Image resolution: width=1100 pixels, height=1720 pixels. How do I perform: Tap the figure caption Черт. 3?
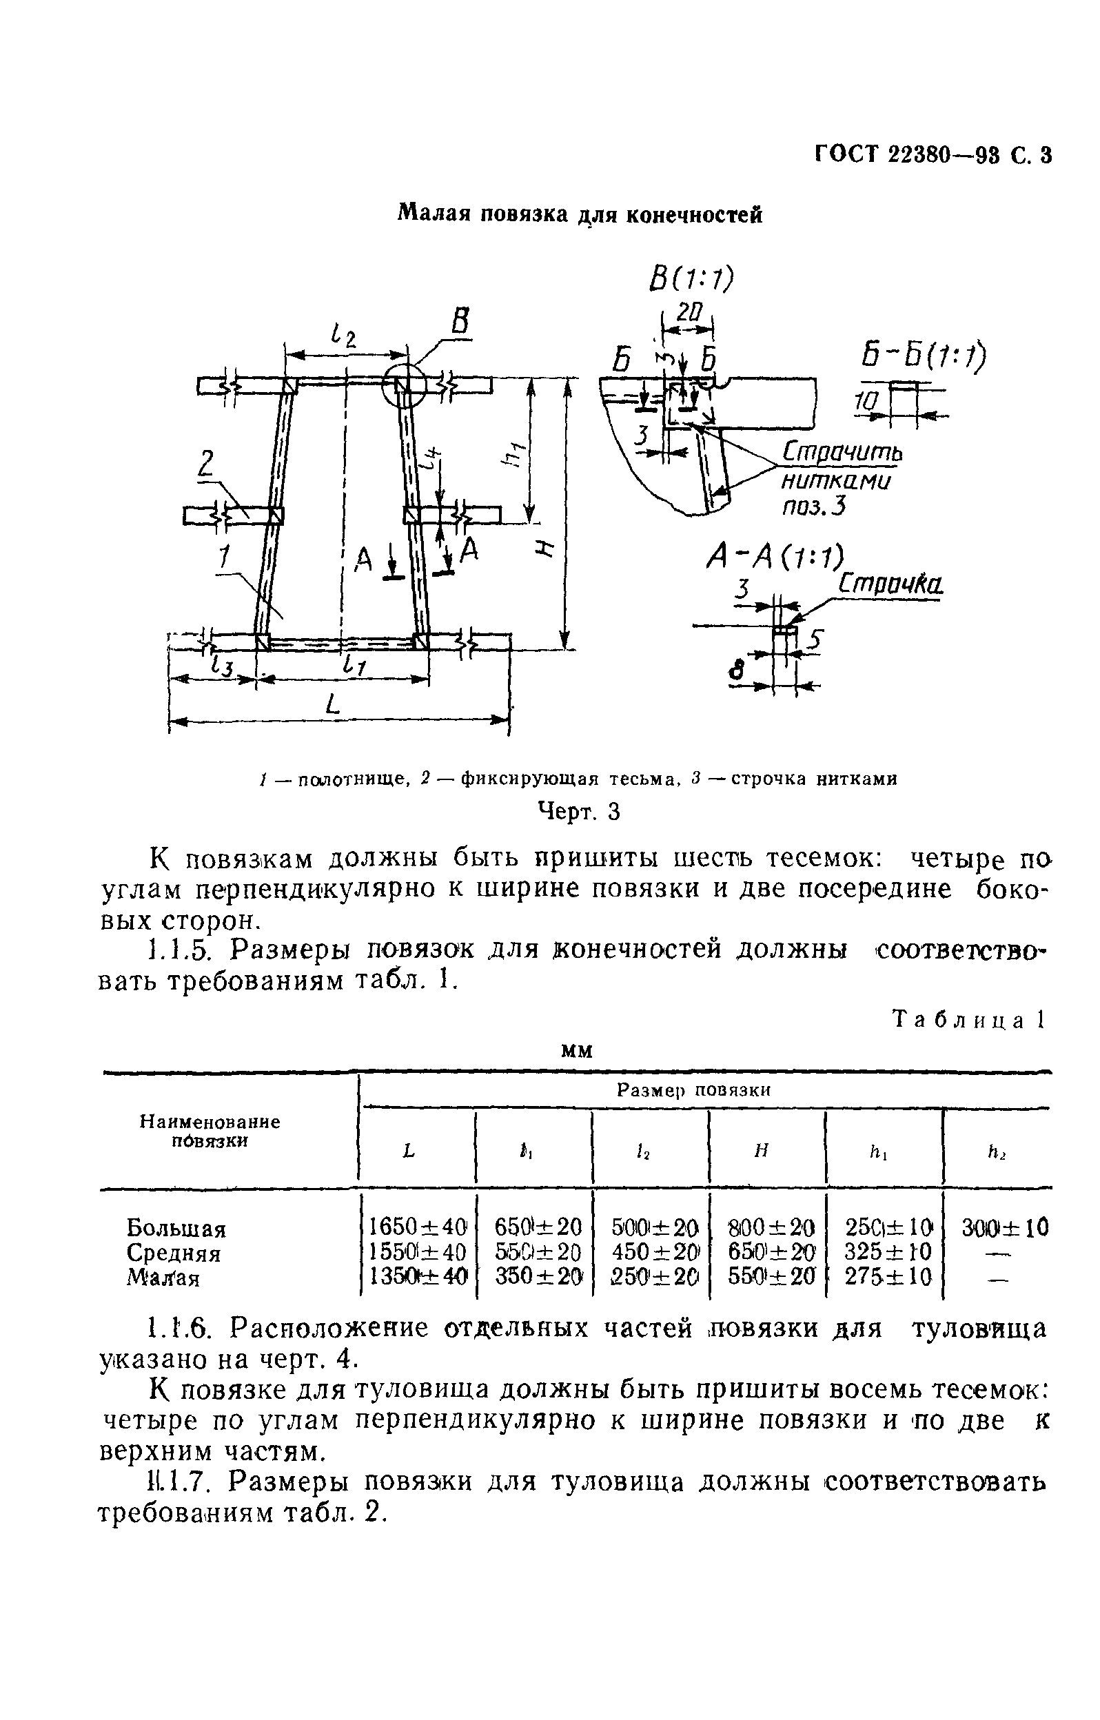578,812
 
